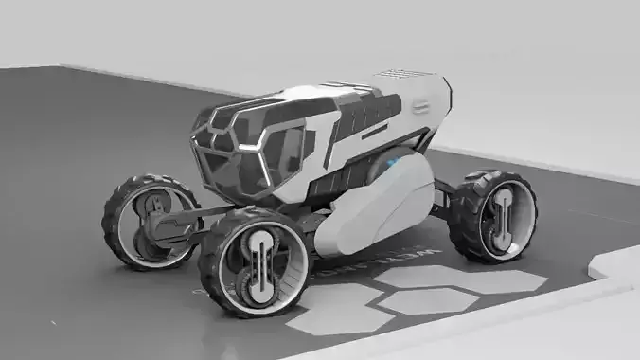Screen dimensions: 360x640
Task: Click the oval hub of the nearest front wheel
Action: coord(257,265)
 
